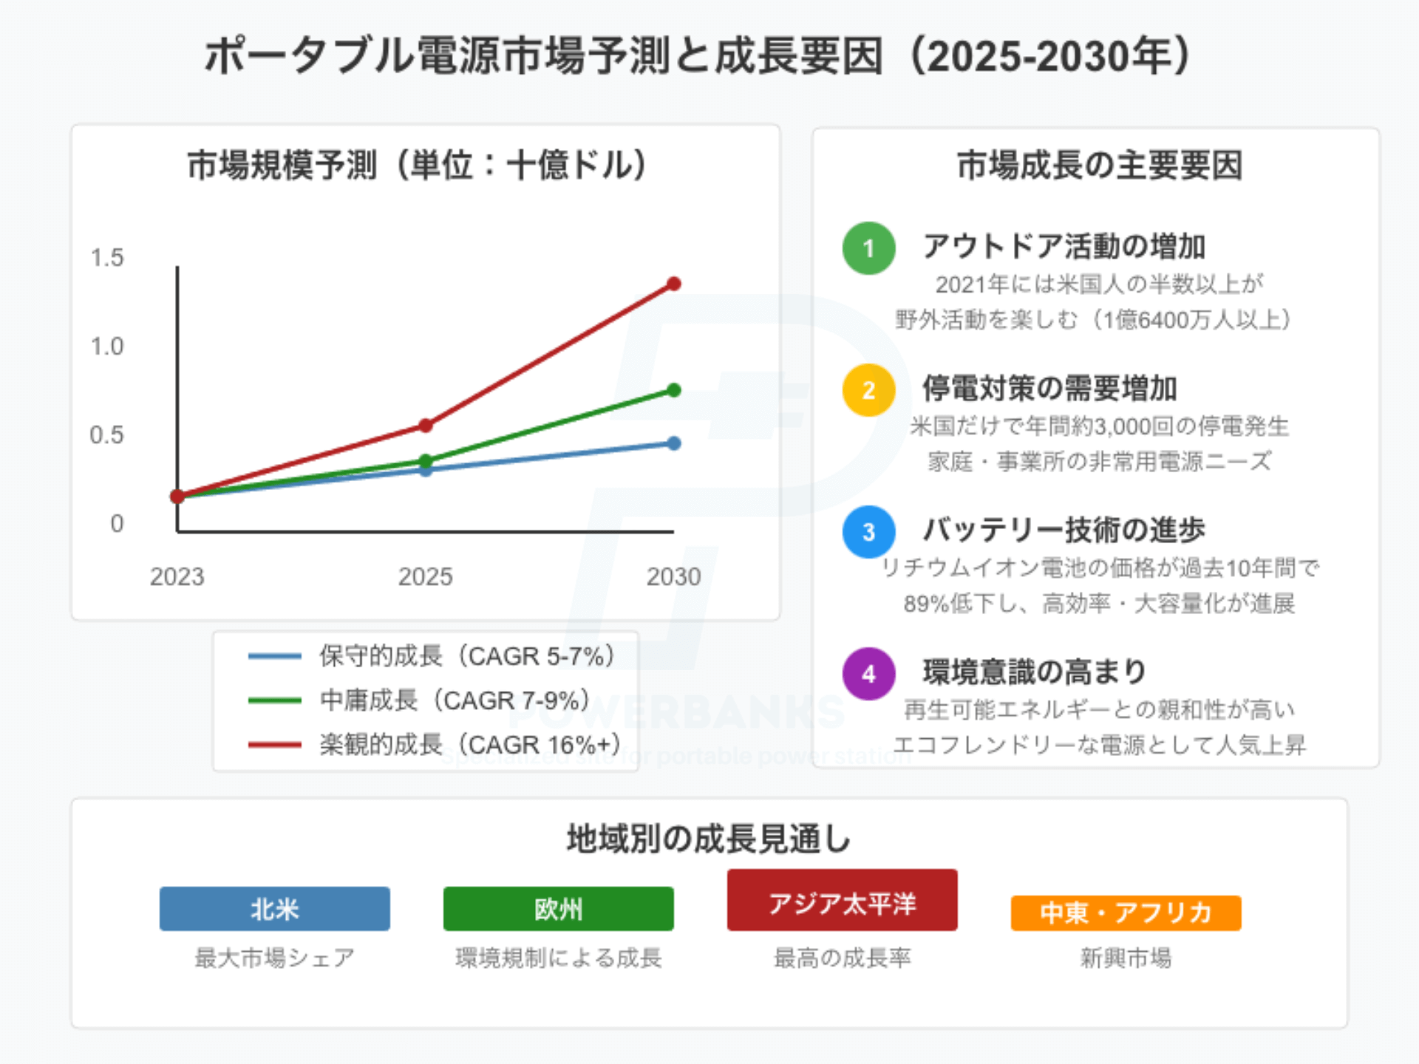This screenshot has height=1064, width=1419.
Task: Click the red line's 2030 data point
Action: tap(673, 284)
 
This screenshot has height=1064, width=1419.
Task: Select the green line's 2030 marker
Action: tap(673, 390)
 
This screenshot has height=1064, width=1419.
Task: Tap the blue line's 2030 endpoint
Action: tap(673, 443)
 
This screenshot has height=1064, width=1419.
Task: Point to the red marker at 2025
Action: tap(426, 426)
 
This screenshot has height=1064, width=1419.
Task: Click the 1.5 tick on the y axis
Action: tap(107, 258)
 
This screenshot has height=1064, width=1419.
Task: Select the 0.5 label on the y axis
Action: tap(107, 435)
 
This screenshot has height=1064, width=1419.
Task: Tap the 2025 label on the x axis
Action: tap(425, 576)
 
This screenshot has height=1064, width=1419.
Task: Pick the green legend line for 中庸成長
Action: tap(275, 700)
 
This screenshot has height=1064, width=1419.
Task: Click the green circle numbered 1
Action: tap(868, 248)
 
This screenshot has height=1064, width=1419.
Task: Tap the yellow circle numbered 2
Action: tap(868, 390)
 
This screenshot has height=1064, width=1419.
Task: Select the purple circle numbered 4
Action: tap(868, 674)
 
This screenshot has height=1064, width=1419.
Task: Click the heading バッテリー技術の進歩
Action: tap(1064, 530)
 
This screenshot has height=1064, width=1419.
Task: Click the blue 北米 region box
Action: tap(274, 909)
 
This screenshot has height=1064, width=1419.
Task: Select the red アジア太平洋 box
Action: tap(842, 901)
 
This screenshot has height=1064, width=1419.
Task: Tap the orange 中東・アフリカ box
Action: tap(1126, 913)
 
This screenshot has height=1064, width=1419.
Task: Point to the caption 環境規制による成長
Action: tap(558, 958)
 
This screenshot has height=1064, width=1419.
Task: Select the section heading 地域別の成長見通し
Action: tap(709, 839)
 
